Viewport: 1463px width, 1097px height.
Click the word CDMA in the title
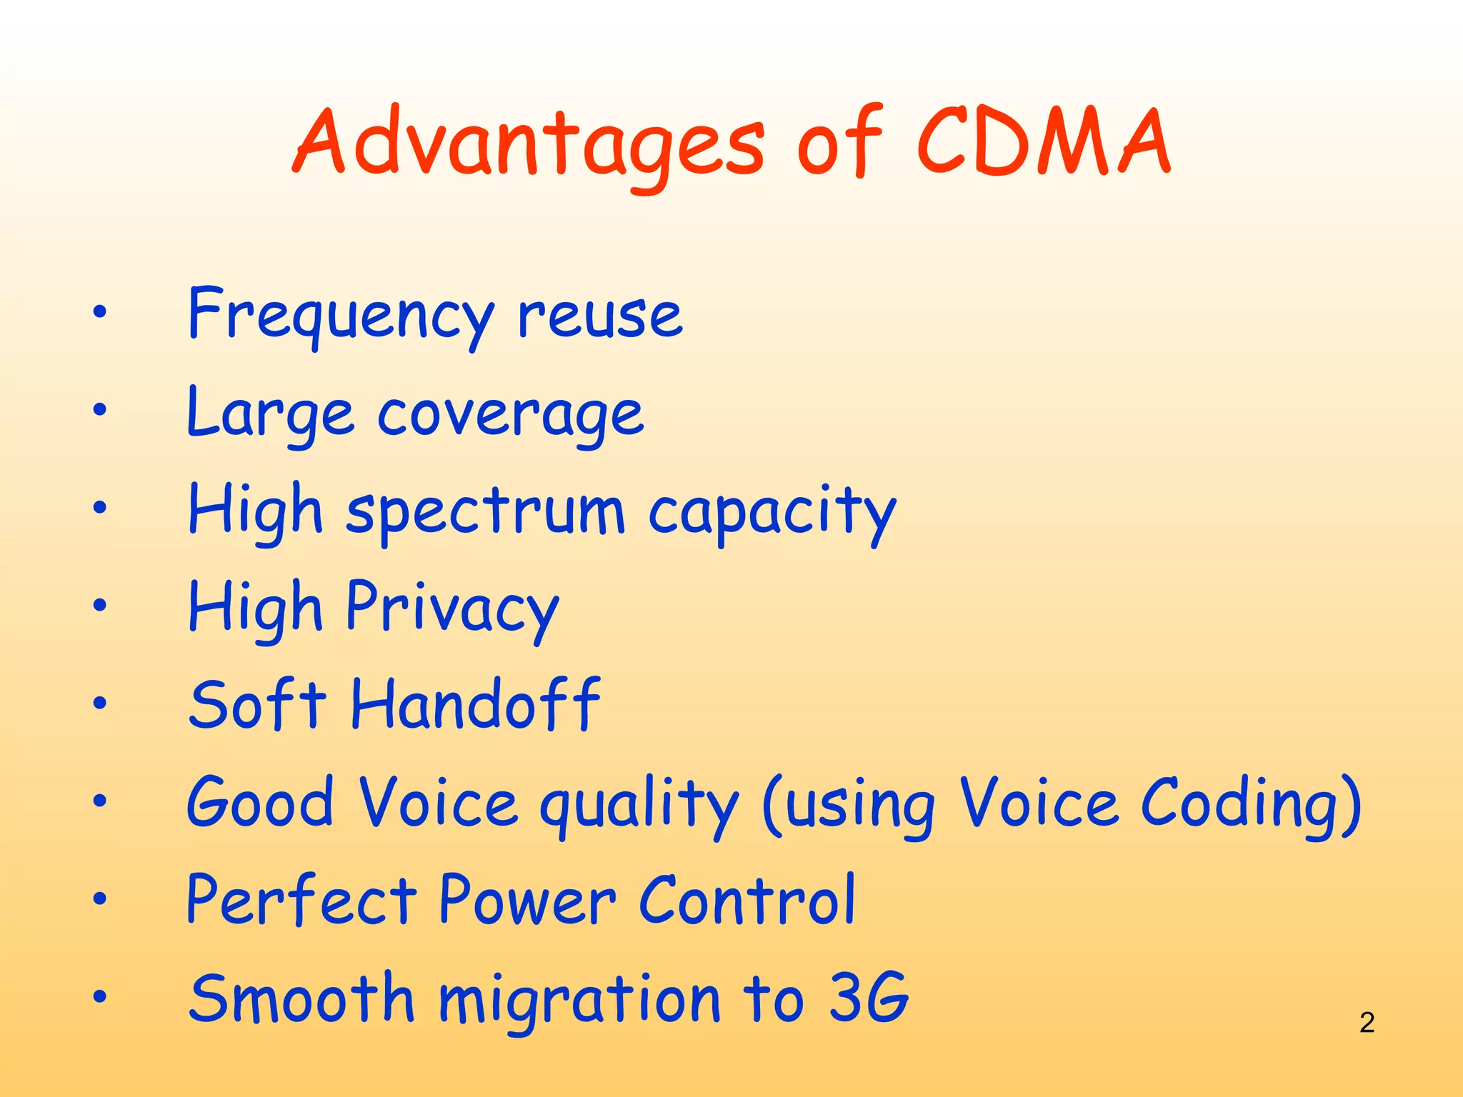point(1043,143)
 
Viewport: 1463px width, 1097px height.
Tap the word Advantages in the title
point(529,143)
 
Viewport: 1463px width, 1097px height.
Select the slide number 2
point(1367,1023)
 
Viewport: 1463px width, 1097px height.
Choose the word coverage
point(510,414)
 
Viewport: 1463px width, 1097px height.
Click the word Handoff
point(476,706)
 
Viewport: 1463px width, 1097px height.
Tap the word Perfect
point(301,901)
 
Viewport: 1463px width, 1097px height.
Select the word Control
point(747,901)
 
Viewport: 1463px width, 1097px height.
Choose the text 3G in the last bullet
point(869,998)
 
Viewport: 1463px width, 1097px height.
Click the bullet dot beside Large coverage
point(99,410)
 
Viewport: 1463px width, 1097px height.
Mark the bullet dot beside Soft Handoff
point(99,703)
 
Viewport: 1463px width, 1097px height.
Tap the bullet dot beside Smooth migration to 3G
point(99,996)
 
